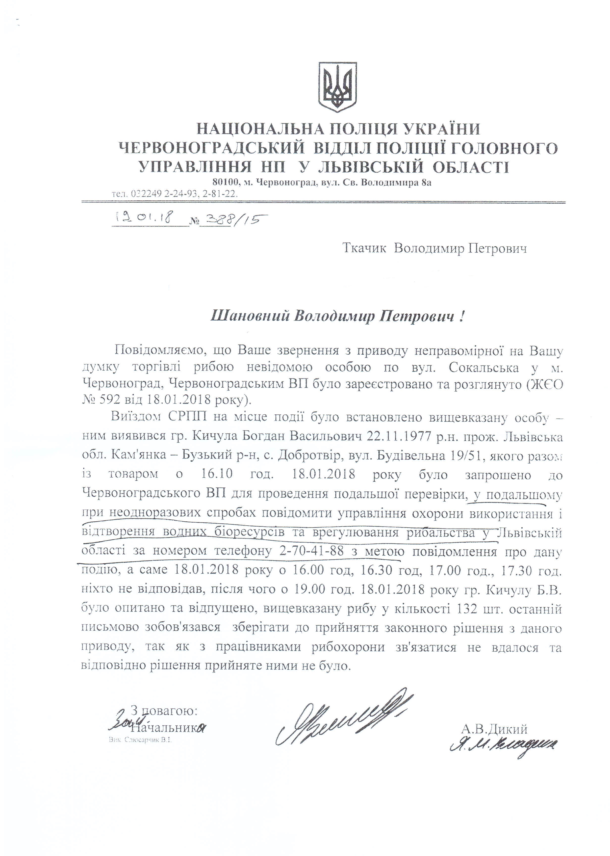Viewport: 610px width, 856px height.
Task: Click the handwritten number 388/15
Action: [x=231, y=219]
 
